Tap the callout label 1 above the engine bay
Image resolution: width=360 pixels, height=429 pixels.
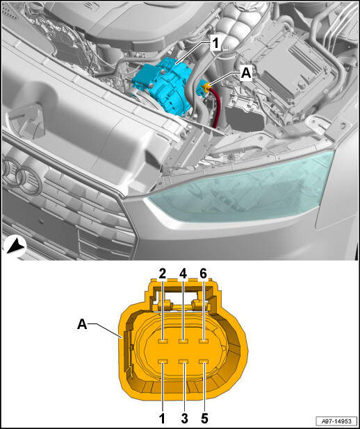tap(216, 44)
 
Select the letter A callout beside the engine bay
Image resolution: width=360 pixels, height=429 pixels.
tap(246, 74)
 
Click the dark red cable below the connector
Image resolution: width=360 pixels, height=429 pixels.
tap(216, 108)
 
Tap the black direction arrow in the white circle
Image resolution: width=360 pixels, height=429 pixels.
tap(15, 247)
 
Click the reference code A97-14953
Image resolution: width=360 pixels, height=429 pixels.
tap(336, 421)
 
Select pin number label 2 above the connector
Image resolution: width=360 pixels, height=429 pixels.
tap(163, 274)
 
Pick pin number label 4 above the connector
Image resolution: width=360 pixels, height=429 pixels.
tap(183, 274)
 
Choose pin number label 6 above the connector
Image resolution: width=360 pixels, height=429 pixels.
tap(204, 274)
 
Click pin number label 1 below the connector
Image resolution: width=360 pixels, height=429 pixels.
tap(163, 419)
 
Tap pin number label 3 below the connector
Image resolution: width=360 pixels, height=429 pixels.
tap(184, 419)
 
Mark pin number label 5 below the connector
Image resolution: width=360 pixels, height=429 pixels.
tap(204, 419)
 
